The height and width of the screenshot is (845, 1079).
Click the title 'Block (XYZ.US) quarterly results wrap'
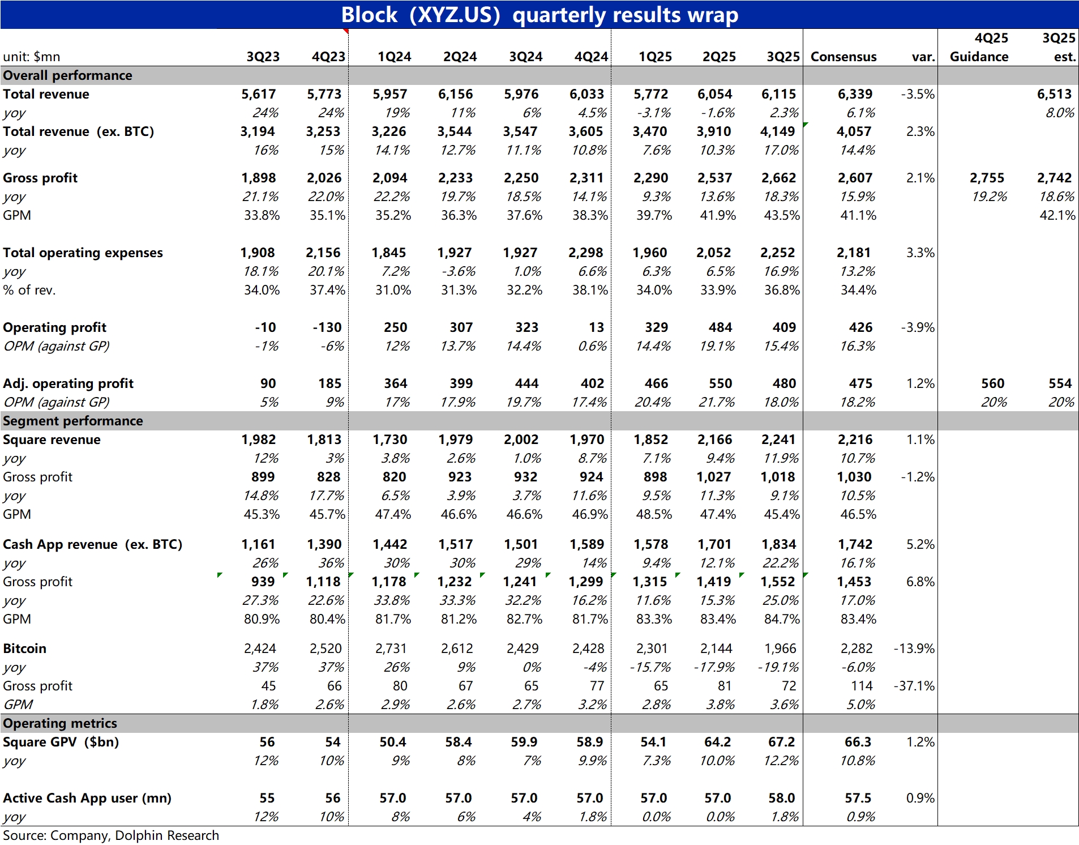(539, 15)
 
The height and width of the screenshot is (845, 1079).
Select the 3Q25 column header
(783, 57)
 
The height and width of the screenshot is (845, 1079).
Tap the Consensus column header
(843, 57)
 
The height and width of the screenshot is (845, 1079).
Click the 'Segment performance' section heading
(73, 421)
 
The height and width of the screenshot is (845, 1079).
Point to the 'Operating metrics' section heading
(60, 723)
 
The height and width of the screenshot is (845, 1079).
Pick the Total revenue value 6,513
(1054, 94)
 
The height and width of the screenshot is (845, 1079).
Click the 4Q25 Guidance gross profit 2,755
(987, 178)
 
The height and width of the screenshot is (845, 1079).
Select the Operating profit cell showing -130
(327, 327)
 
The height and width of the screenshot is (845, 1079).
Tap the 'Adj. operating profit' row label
(68, 383)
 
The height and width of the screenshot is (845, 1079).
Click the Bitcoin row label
(25, 648)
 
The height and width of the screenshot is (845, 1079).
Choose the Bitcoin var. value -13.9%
(914, 648)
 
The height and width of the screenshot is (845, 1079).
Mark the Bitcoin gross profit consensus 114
(862, 686)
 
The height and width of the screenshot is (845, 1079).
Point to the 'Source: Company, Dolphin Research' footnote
(111, 835)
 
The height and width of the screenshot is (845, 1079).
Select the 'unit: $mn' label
(32, 57)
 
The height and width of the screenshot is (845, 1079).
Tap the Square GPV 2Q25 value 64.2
(717, 742)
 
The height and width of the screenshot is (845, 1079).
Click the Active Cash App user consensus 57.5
(858, 798)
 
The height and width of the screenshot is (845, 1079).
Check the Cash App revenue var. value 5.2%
(920, 544)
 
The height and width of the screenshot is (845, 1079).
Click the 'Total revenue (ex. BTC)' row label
(78, 131)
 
